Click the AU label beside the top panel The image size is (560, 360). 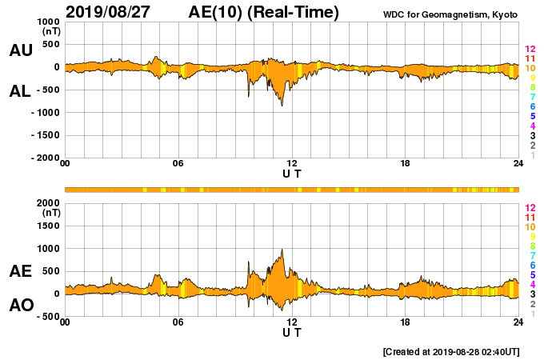click(21, 50)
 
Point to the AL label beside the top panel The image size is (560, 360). click(20, 91)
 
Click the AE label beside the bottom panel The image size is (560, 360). click(21, 271)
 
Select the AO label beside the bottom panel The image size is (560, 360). click(21, 305)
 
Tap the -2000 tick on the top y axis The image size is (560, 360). click(43, 158)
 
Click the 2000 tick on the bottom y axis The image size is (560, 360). click(47, 203)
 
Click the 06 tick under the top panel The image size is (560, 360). click(178, 164)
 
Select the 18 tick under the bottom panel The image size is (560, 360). click(405, 322)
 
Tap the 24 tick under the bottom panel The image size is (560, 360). click(518, 322)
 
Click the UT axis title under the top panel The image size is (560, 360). click(292, 173)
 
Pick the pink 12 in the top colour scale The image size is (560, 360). click(530, 50)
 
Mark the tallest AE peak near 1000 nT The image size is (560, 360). click(282, 249)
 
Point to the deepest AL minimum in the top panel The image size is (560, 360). click(282, 106)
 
